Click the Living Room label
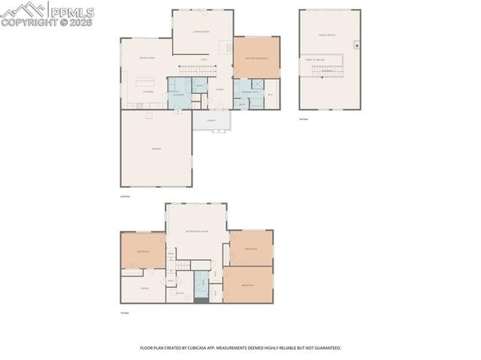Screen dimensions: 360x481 pyautogui.click(x=201, y=32)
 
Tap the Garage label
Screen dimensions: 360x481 pyautogui.click(x=156, y=149)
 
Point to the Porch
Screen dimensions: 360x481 pyautogui.click(x=211, y=120)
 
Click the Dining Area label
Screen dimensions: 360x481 pyautogui.click(x=147, y=58)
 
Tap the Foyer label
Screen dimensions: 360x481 pyautogui.click(x=219, y=89)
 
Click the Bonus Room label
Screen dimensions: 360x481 pyautogui.click(x=326, y=35)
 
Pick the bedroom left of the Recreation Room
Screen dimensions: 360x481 pyautogui.click(x=143, y=250)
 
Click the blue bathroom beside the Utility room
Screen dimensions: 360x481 pyautogui.click(x=201, y=283)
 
